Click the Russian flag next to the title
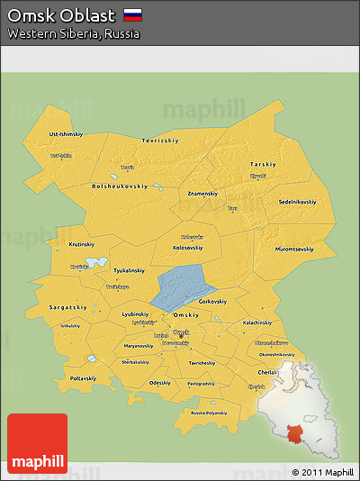click(x=132, y=15)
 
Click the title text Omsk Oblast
click(x=61, y=15)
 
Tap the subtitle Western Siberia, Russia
click(x=74, y=33)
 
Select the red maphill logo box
click(x=37, y=443)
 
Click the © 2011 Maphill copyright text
click(x=322, y=472)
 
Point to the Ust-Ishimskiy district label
click(x=67, y=133)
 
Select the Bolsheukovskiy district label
click(x=119, y=186)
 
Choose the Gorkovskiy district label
click(x=211, y=301)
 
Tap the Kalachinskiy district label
click(x=256, y=322)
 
